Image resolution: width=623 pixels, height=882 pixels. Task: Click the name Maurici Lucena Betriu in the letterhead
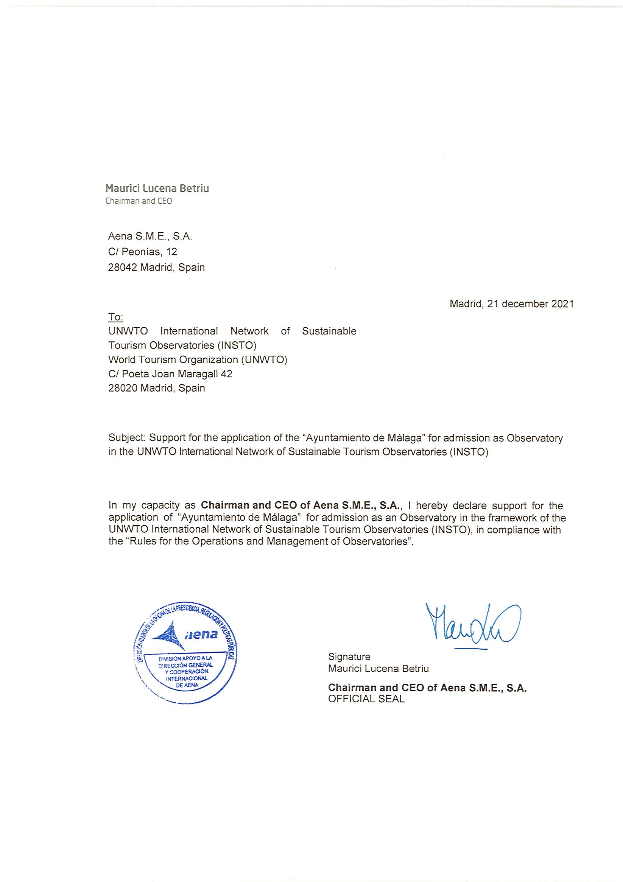157,188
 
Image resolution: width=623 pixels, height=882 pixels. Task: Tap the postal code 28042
122,268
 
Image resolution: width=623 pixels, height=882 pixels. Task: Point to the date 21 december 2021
530,304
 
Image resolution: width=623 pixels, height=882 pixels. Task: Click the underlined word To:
116,317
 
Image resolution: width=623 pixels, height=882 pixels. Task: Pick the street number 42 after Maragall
226,374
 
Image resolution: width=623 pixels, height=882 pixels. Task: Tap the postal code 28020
123,388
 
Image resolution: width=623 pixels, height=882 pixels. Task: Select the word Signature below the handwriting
349,656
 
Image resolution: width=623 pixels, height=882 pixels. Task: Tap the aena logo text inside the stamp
201,634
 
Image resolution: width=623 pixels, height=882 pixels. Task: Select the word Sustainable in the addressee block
329,331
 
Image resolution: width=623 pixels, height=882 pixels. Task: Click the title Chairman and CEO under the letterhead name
139,201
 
